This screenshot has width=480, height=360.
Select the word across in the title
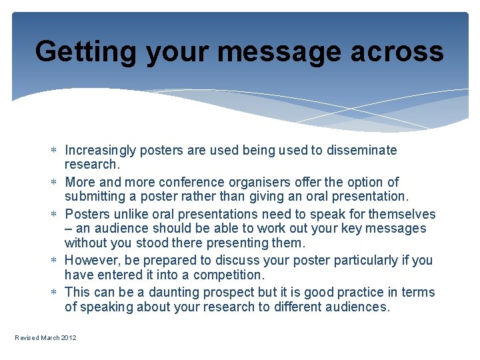[x=403, y=51]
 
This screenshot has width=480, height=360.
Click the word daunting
[x=173, y=292]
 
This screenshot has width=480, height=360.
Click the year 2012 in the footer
[x=69, y=338]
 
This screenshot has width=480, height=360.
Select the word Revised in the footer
[x=27, y=338]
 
